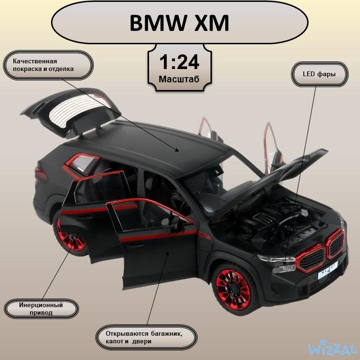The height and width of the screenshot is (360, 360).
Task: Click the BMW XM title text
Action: pyautogui.click(x=180, y=22)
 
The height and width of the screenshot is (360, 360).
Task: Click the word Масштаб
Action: pyautogui.click(x=180, y=79)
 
